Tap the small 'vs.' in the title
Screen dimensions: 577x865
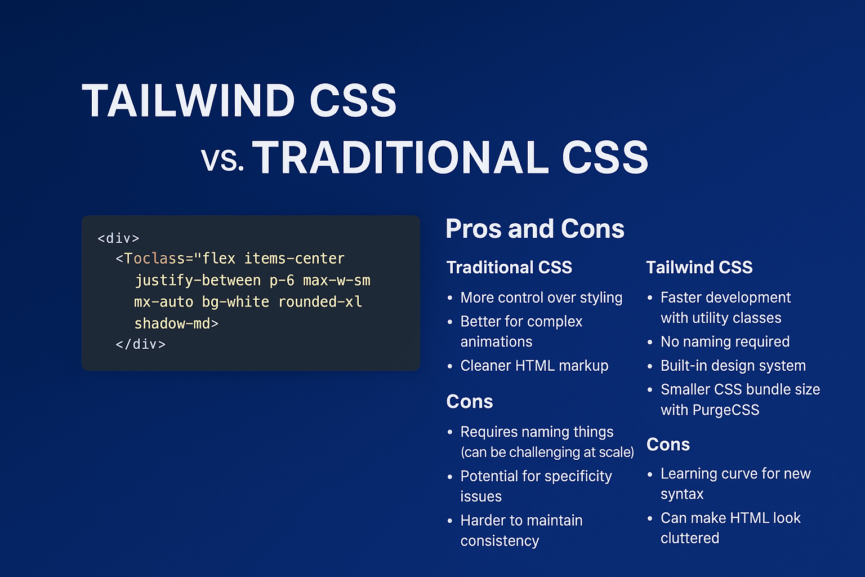click(x=222, y=160)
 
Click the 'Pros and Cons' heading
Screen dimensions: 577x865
click(x=535, y=229)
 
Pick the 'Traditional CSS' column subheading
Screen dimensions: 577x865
click(x=509, y=267)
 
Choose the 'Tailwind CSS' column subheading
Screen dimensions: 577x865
click(x=699, y=267)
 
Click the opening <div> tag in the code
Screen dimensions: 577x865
click(x=118, y=238)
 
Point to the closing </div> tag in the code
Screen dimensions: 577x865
click(x=140, y=344)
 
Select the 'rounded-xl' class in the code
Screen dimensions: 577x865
click(x=320, y=302)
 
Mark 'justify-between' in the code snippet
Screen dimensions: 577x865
click(x=198, y=281)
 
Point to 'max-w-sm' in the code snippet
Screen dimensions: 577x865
click(x=336, y=281)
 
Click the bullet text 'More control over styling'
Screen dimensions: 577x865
click(x=541, y=298)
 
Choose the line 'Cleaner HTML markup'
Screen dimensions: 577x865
click(x=534, y=366)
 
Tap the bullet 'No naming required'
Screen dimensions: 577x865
click(x=725, y=341)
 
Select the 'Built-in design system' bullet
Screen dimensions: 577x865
click(x=733, y=366)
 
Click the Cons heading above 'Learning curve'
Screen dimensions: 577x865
click(x=668, y=445)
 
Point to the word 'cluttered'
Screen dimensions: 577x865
click(x=690, y=538)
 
